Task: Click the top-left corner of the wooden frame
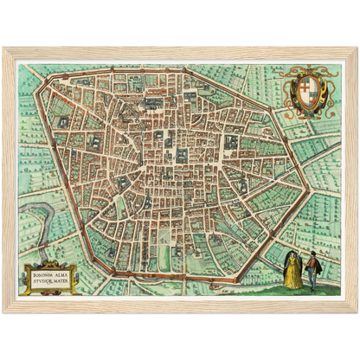point(3,48)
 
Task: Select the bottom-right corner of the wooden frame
point(357,312)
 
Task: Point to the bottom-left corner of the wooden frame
point(3,312)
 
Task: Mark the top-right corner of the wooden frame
point(357,48)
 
